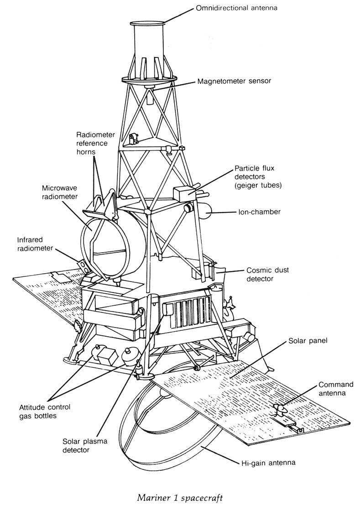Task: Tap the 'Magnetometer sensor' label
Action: point(234,81)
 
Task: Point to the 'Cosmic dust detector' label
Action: point(267,274)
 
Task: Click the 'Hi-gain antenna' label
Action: point(268,463)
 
